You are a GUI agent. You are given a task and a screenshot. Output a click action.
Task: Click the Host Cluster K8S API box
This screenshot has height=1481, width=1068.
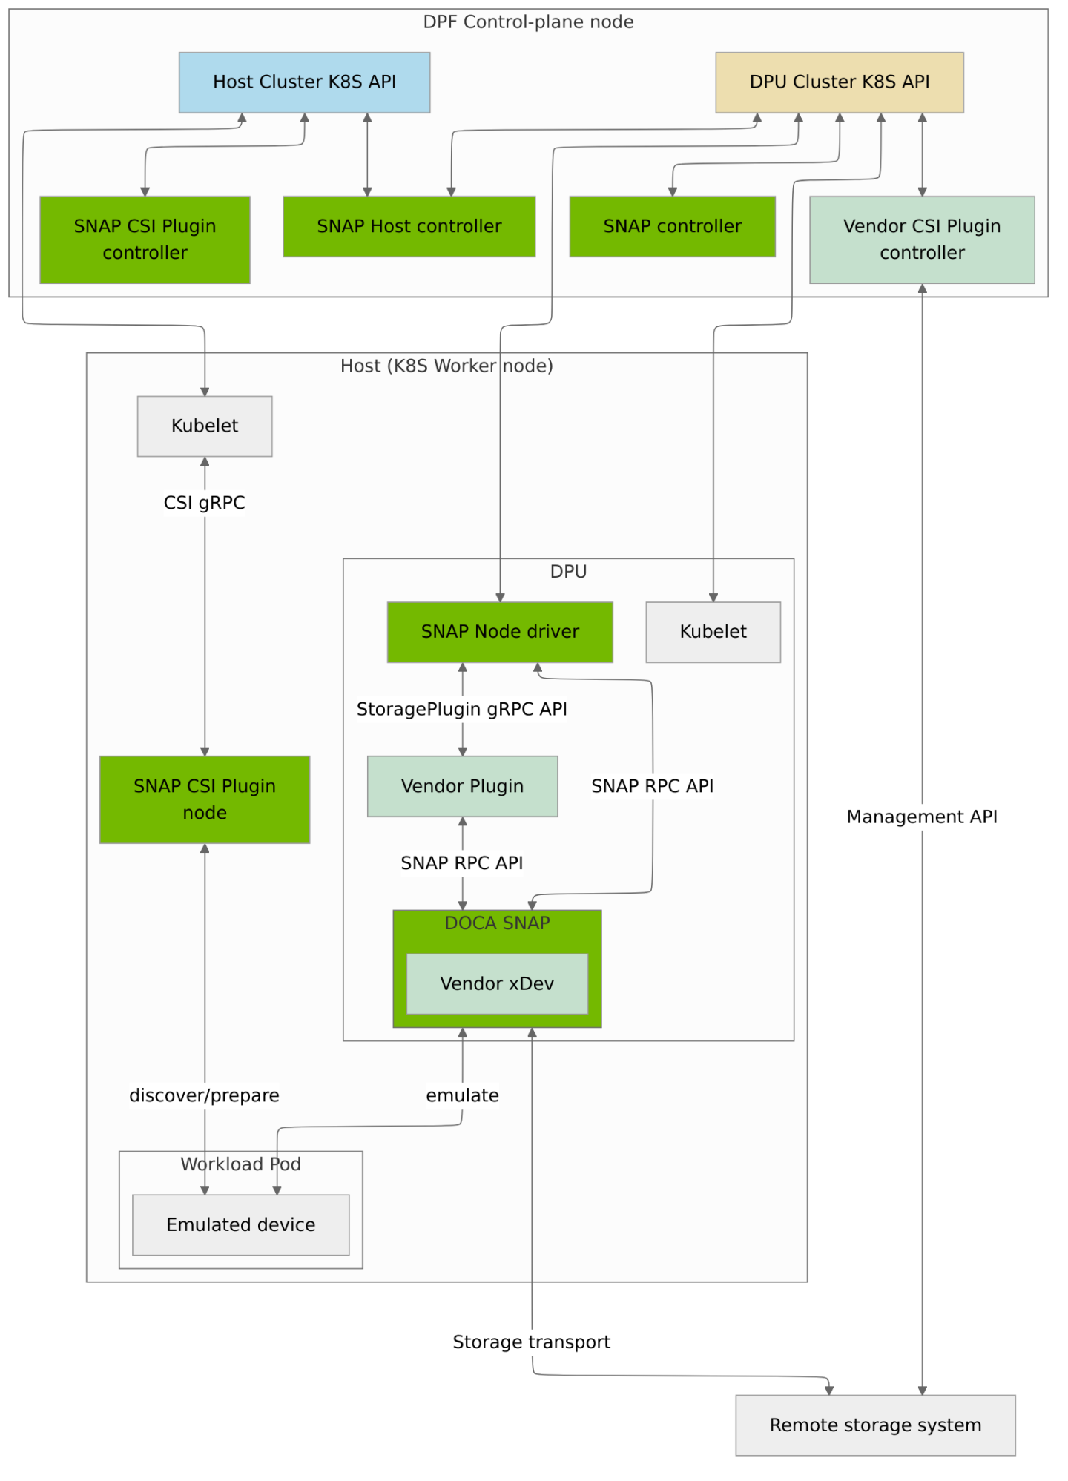[x=304, y=82]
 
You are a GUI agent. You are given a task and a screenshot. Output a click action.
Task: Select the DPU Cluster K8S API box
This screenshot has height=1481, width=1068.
[x=839, y=82]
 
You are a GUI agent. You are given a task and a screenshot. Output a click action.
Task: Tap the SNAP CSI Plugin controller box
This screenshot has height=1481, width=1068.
[x=145, y=240]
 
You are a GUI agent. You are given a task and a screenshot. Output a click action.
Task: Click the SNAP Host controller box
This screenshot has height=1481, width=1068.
[x=409, y=226]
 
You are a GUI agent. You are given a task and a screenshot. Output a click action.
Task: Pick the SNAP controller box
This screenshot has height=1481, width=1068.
[x=672, y=226]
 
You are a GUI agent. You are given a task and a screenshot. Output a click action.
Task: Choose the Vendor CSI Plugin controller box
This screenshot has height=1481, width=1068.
[x=921, y=240]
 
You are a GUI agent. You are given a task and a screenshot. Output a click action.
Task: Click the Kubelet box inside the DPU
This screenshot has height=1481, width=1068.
[x=713, y=632]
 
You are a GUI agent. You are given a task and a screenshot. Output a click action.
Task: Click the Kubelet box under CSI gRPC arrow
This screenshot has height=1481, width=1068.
[x=205, y=426]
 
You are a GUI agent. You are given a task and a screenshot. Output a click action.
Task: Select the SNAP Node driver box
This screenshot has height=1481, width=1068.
[x=500, y=632]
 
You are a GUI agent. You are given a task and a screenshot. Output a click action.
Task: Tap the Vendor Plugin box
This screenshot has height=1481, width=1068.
[x=462, y=786]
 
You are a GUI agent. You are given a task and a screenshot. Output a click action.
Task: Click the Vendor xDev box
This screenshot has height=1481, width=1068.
[x=497, y=983]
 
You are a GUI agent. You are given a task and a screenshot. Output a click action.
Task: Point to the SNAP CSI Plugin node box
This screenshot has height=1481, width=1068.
[x=205, y=799]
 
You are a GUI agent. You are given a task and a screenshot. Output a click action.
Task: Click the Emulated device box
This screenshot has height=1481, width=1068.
[x=240, y=1224]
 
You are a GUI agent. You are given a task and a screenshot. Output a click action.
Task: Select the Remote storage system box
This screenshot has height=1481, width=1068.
[x=875, y=1425]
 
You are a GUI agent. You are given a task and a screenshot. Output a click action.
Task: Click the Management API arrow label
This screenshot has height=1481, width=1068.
[x=921, y=817]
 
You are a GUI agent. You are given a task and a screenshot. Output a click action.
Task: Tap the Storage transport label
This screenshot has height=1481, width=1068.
[x=532, y=1342]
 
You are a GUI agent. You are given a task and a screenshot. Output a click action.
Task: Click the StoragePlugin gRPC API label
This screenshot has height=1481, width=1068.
[x=461, y=709]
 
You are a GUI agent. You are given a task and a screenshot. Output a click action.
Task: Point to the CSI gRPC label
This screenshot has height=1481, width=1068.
[x=205, y=503]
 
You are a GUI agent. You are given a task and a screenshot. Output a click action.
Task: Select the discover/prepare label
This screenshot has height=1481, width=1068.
[x=205, y=1095]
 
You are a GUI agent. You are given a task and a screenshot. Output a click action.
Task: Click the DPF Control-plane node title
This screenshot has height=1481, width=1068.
[x=528, y=22]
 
